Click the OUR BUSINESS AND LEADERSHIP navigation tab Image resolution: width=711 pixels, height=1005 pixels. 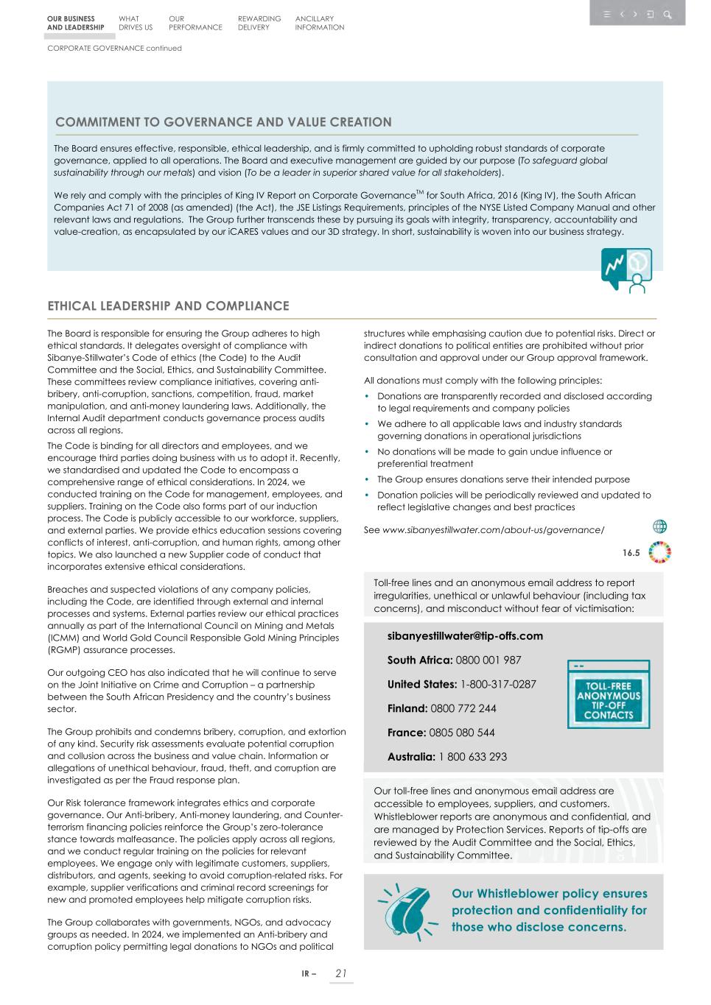click(x=75, y=23)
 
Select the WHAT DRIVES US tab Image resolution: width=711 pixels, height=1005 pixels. click(x=136, y=23)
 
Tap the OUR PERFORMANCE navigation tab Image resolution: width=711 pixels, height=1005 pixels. click(x=195, y=23)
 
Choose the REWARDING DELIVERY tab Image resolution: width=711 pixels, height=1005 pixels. click(x=259, y=23)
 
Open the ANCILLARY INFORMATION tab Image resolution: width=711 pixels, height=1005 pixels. click(x=319, y=23)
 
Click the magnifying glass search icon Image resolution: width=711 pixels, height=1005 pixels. click(x=667, y=14)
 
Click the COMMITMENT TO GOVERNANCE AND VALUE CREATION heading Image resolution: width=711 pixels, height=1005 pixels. click(x=223, y=122)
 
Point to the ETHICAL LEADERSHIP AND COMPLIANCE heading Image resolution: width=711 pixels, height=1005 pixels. click(x=168, y=306)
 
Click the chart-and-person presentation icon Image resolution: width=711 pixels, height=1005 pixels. click(x=626, y=270)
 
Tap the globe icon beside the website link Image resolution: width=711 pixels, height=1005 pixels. click(x=660, y=526)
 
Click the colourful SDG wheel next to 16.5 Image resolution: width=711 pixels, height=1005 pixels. click(x=659, y=552)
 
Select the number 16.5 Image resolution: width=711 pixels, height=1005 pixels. click(x=631, y=553)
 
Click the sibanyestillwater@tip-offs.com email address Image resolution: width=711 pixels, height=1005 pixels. click(x=465, y=636)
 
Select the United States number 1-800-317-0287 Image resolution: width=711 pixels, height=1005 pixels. click(x=498, y=685)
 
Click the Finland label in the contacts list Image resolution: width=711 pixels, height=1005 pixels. click(x=407, y=708)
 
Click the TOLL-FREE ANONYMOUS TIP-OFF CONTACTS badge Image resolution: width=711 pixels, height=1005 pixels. click(x=609, y=694)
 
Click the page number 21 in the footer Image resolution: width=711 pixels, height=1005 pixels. click(x=340, y=973)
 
